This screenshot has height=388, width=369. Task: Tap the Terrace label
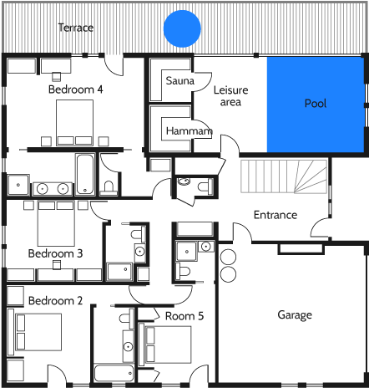(x=75, y=28)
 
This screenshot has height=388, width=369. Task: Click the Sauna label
(x=179, y=81)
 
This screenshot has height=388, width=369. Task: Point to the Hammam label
(x=188, y=131)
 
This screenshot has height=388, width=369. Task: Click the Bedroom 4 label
(x=75, y=89)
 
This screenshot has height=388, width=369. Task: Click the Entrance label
(x=275, y=215)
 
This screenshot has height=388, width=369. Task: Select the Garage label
(x=294, y=315)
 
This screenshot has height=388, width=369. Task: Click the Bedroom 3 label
(x=55, y=253)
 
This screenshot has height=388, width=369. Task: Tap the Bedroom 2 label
(x=55, y=300)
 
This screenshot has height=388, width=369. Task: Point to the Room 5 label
(x=184, y=315)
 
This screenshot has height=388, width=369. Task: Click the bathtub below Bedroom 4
(x=84, y=173)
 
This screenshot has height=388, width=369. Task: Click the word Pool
(x=316, y=104)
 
